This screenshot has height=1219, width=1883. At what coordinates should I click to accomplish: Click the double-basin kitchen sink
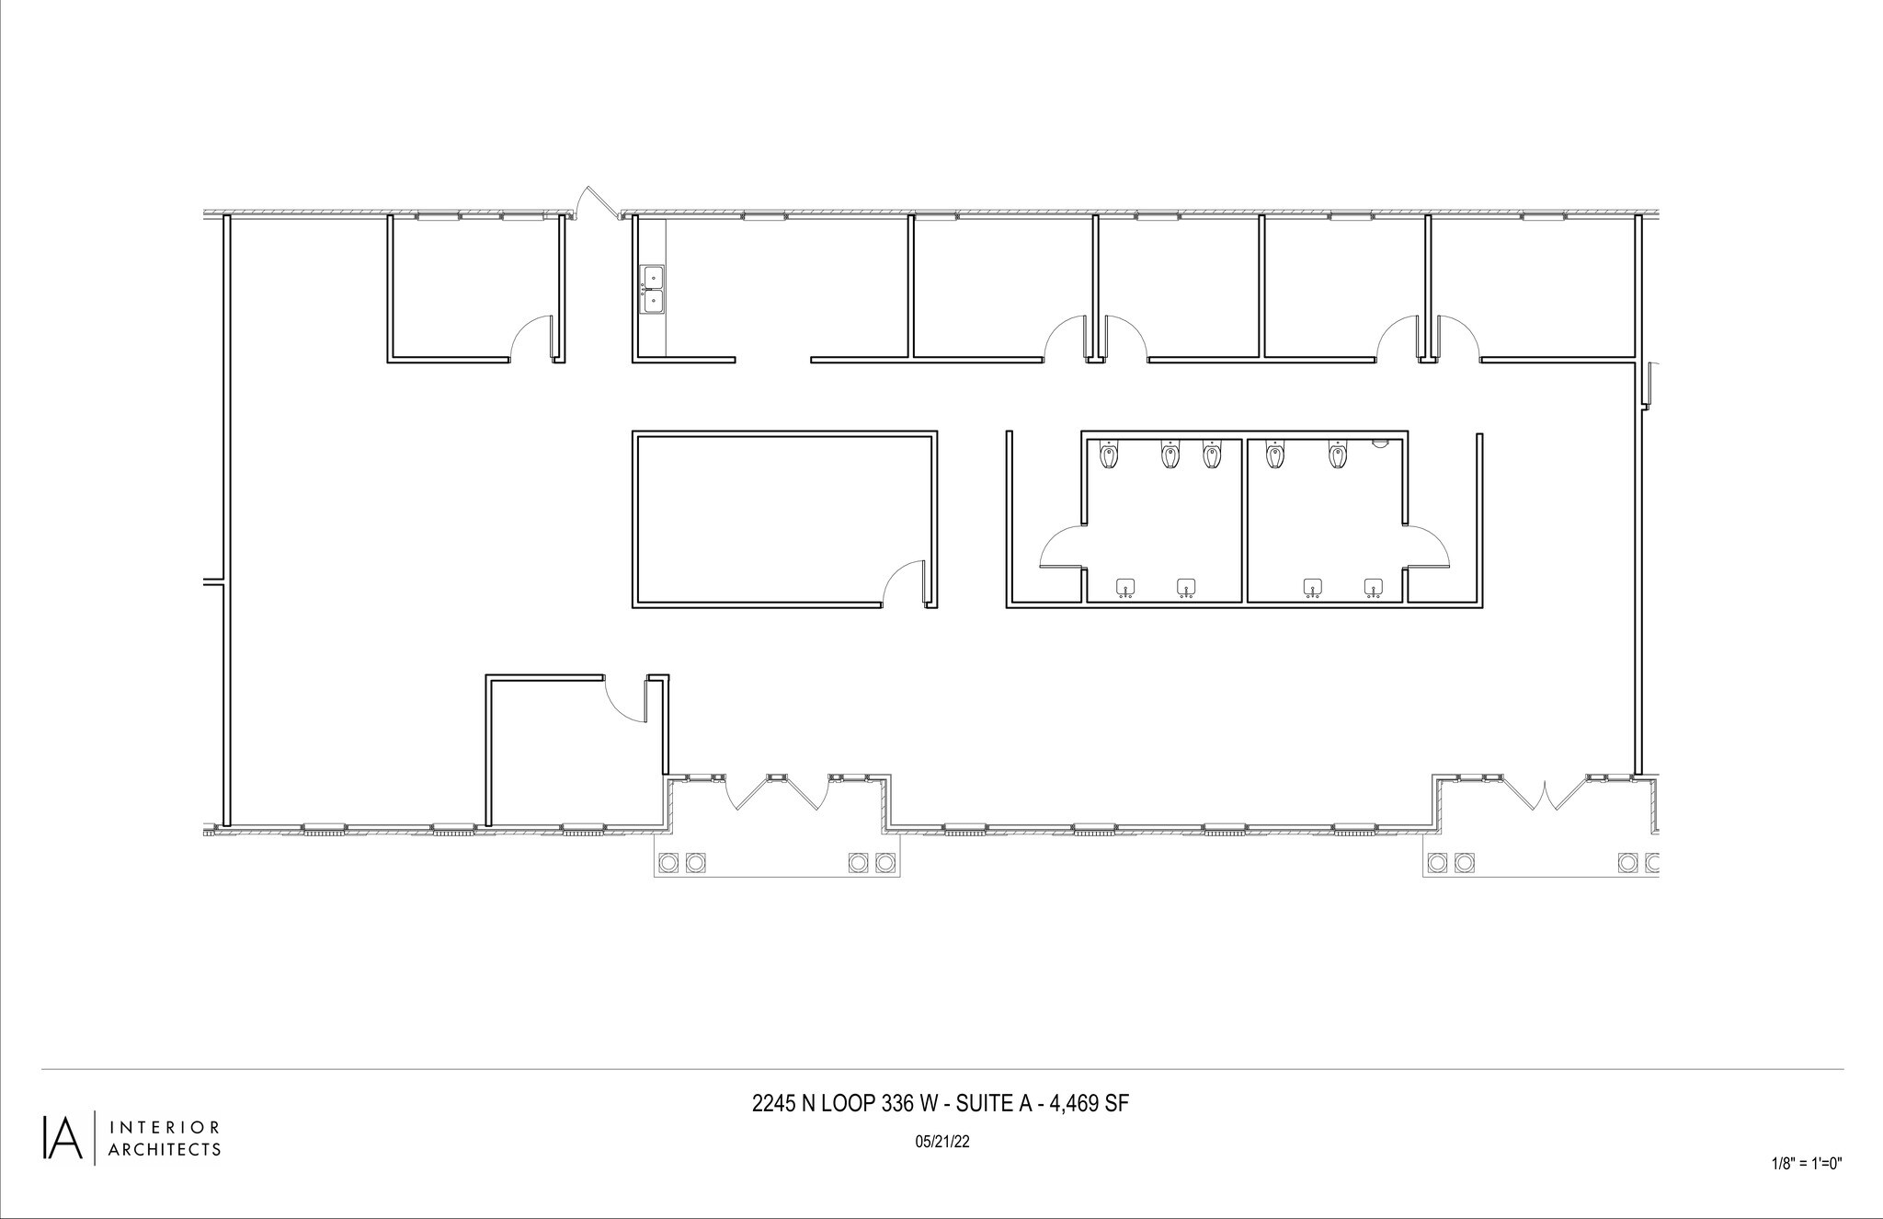pyautogui.click(x=652, y=289)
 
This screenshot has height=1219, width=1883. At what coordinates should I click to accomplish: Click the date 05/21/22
pyautogui.click(x=941, y=1142)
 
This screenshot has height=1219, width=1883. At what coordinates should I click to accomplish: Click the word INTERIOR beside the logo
pyautogui.click(x=165, y=1127)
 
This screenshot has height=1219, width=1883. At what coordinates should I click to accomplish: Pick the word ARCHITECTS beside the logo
pyautogui.click(x=165, y=1149)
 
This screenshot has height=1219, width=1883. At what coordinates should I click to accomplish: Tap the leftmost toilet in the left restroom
pyautogui.click(x=1110, y=454)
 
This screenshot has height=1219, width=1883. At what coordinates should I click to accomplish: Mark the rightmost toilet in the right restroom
pyautogui.click(x=1337, y=454)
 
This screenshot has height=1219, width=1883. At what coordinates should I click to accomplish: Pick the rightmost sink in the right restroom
pyautogui.click(x=1374, y=587)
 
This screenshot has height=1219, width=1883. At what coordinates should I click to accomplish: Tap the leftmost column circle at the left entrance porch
pyautogui.click(x=668, y=862)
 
